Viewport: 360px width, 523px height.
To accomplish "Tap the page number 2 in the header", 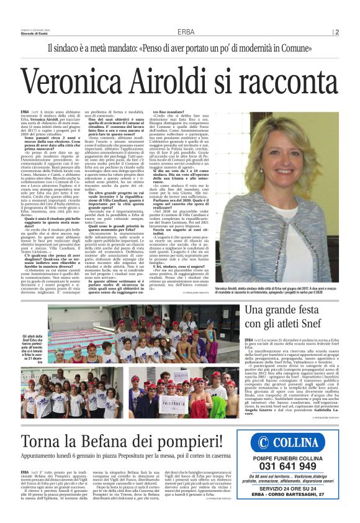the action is pos(354,32).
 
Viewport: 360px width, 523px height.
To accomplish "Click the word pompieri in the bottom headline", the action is pos(197,425).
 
